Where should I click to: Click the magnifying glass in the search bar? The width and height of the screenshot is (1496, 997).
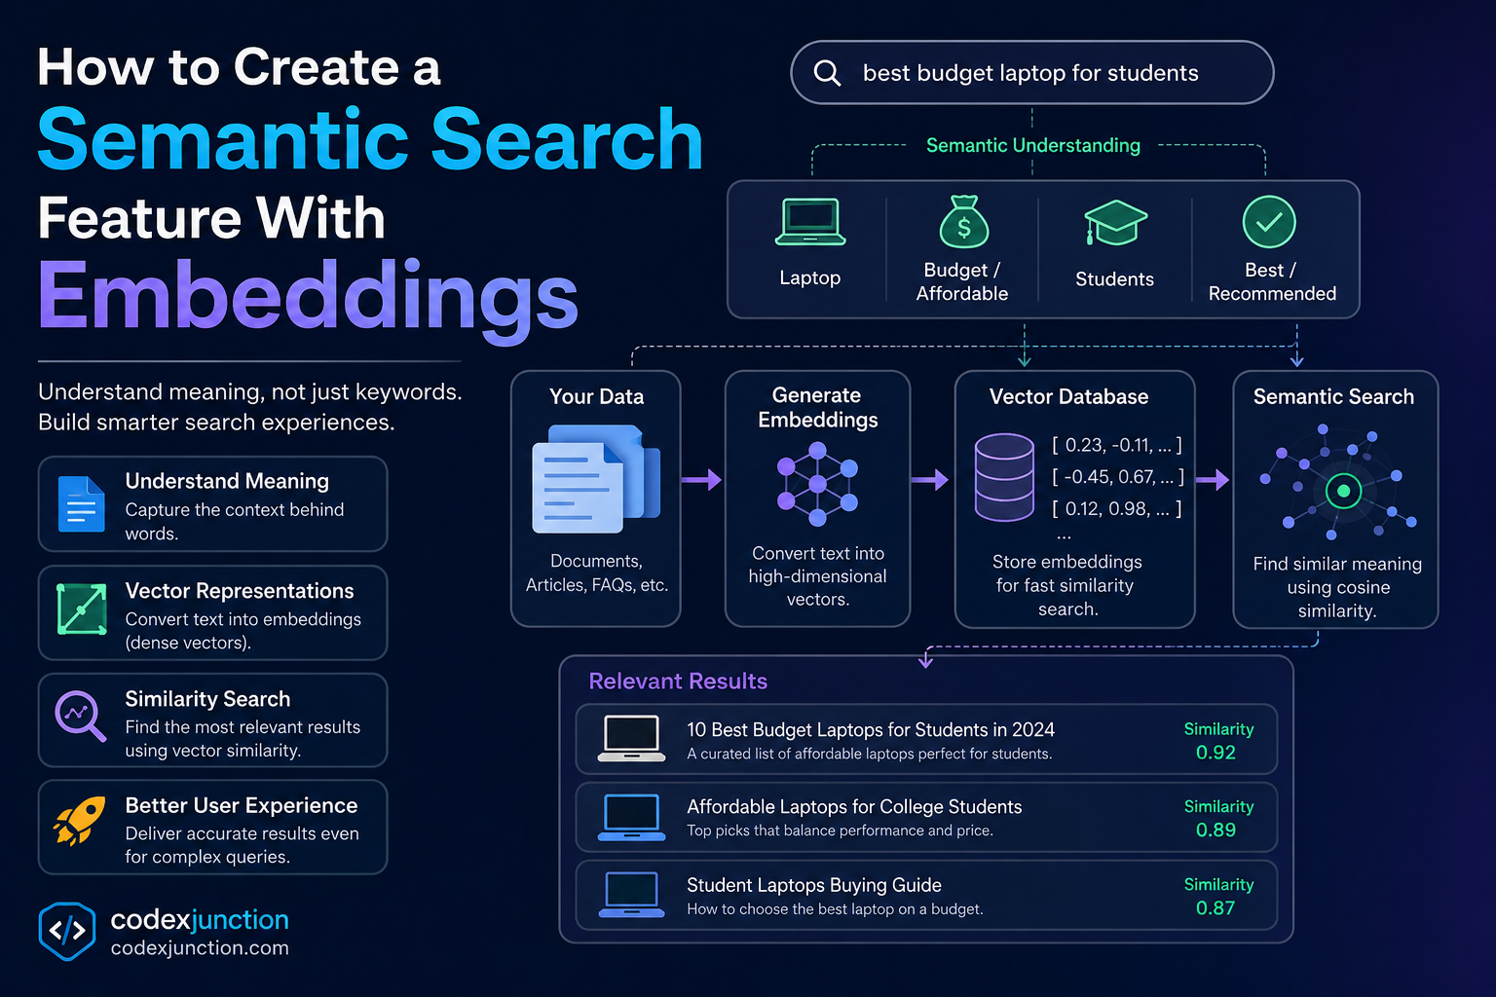point(827,73)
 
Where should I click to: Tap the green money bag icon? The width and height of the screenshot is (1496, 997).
point(963,222)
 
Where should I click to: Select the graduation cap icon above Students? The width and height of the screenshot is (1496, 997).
point(1115,222)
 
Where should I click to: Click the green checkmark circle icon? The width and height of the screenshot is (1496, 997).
point(1269,222)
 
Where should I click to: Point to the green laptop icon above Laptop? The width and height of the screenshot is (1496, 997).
point(810,222)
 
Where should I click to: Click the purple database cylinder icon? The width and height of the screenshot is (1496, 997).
point(1004,477)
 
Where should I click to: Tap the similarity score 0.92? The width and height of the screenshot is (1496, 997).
point(1215,753)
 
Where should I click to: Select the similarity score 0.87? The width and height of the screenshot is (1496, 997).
point(1215,908)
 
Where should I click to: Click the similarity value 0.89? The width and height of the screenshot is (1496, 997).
point(1215,831)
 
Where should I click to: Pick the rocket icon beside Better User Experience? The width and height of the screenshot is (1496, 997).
point(80,820)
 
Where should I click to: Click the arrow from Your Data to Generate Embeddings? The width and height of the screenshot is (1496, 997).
point(701,479)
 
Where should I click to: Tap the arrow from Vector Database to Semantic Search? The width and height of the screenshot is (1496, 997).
point(1213,479)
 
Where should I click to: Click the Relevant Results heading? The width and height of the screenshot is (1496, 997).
point(678,682)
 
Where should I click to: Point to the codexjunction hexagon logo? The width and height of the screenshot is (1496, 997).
point(67,931)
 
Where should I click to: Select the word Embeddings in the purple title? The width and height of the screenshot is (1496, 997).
point(307,297)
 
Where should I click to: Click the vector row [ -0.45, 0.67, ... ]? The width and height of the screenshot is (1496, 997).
point(1118,477)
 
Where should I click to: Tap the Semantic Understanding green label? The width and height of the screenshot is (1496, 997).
point(1033,146)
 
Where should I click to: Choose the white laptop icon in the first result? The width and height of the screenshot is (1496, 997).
point(631,738)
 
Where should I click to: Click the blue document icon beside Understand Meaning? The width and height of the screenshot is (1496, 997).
point(82,504)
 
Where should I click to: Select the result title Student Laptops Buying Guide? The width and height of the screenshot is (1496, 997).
point(814,885)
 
